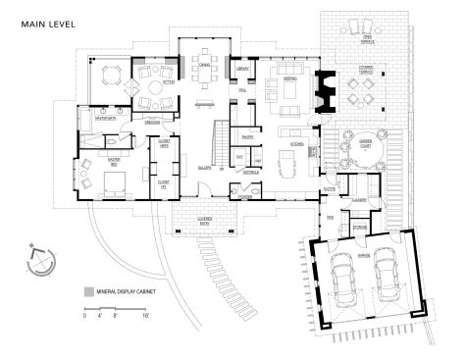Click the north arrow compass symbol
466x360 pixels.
click(41, 260)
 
